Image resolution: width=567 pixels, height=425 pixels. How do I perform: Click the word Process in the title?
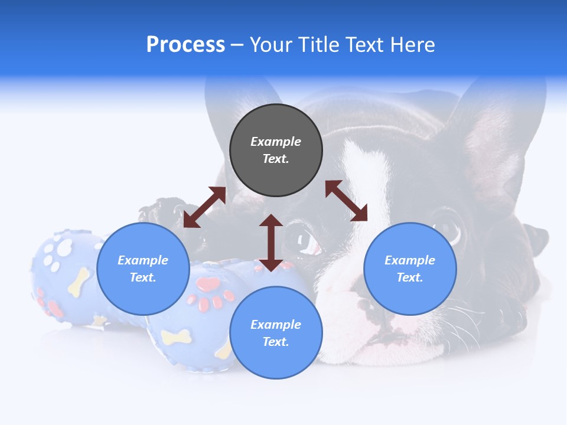pos(185,45)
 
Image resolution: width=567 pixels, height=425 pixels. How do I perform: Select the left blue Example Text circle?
pos(143,269)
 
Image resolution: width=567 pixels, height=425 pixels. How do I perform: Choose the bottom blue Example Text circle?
pos(276,333)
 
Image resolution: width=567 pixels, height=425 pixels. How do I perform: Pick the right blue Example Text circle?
pos(409,269)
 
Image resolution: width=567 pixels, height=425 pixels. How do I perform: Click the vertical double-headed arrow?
pos(271,243)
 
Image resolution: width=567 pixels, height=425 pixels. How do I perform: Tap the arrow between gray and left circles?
pos(204,207)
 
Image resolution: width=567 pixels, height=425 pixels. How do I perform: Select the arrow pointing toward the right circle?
pos(346,201)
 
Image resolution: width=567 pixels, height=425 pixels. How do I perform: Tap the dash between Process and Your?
pos(237,45)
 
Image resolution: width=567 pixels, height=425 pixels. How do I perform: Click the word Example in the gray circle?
pos(276,142)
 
